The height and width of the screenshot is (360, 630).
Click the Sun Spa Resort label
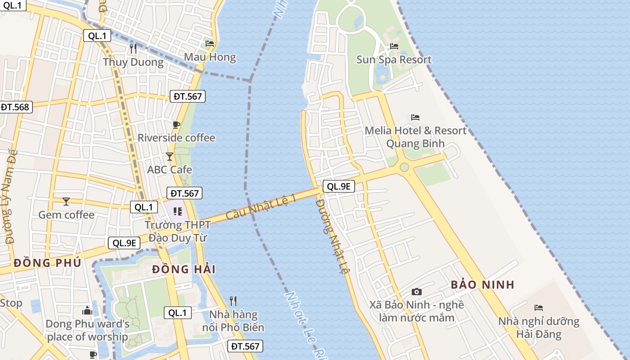[x=394, y=60]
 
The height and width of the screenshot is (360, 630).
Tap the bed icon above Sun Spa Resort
[x=394, y=46]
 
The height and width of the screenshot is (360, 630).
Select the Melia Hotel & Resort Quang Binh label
[x=415, y=137]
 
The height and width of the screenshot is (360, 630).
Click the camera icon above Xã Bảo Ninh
[x=417, y=292]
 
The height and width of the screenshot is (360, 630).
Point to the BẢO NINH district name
[x=482, y=285]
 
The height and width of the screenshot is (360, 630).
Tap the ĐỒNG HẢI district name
[x=184, y=270]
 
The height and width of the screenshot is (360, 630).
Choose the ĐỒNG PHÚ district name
[x=47, y=263]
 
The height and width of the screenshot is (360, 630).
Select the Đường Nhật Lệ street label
[x=332, y=236]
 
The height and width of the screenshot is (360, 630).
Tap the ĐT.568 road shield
[x=15, y=107]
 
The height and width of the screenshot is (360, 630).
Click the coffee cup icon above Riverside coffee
[x=176, y=125]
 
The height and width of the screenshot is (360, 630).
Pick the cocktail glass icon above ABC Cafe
[x=170, y=157]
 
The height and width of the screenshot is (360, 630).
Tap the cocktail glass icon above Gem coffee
[x=66, y=201]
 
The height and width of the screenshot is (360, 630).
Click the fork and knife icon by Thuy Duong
[x=133, y=48]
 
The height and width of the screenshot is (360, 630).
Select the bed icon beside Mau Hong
[x=210, y=44]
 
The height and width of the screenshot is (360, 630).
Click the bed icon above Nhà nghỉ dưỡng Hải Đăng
[x=539, y=308]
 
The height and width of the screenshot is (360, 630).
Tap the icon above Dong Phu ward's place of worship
[x=87, y=310]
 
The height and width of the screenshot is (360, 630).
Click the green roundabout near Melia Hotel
[x=404, y=167]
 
